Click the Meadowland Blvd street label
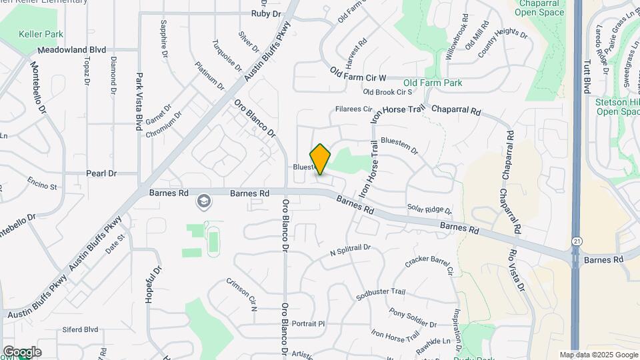click(72, 50)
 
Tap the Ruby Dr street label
click(265, 13)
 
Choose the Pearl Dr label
click(101, 173)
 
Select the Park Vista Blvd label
click(140, 100)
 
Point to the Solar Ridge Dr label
click(429, 210)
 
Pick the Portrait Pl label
click(308, 323)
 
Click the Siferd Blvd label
click(80, 329)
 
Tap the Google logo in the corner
click(22, 352)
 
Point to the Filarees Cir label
click(353, 109)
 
